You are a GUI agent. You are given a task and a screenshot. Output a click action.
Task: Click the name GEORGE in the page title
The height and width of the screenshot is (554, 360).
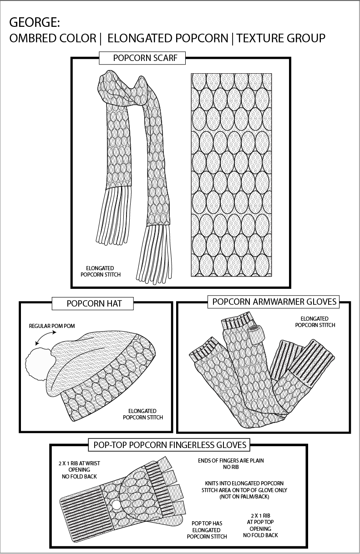tap(35, 23)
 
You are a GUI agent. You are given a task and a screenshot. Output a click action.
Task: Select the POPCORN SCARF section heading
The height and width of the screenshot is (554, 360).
tap(142, 58)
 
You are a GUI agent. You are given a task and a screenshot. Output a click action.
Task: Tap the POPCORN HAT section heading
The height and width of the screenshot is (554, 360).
tap(94, 303)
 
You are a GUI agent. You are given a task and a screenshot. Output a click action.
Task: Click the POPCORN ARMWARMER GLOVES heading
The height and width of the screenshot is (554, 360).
tap(274, 302)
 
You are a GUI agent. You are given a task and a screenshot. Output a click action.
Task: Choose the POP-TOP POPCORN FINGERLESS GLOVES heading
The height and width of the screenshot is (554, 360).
tap(170, 444)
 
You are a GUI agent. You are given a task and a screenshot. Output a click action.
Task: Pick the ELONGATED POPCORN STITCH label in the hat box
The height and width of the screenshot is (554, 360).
tap(142, 414)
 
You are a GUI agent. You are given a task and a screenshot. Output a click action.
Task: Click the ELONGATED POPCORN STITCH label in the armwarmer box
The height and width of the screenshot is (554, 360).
tap(315, 322)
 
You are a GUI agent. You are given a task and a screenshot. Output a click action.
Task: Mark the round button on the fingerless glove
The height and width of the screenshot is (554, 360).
tap(117, 505)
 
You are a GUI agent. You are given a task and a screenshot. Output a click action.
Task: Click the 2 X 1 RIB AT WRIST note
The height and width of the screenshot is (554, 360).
tap(79, 469)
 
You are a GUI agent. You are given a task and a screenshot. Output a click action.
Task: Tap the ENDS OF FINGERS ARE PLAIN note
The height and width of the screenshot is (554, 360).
tap(231, 463)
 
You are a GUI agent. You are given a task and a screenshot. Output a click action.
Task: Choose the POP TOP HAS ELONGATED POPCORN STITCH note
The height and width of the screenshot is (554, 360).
tap(206, 530)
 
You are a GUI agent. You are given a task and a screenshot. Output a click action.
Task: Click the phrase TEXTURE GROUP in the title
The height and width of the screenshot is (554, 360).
tap(281, 38)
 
